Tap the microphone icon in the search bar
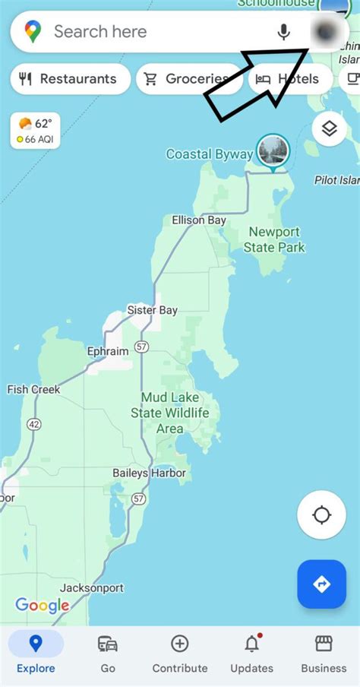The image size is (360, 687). click(284, 32)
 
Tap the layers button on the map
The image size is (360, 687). click(329, 128)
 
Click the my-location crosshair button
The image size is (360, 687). click(321, 516)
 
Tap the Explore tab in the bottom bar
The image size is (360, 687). click(36, 654)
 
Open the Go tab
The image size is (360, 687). click(108, 654)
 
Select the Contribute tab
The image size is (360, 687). click(180, 654)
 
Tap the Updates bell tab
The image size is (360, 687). click(251, 654)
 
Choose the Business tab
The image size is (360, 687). click(324, 654)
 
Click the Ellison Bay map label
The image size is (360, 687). click(199, 220)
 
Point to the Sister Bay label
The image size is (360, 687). click(152, 310)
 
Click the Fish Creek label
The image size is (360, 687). click(33, 389)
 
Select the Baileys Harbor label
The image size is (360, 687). click(149, 473)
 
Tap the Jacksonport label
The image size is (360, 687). click(91, 588)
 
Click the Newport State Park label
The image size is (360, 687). click(273, 239)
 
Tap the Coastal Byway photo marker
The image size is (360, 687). click(273, 150)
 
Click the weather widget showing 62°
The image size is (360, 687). click(35, 131)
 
